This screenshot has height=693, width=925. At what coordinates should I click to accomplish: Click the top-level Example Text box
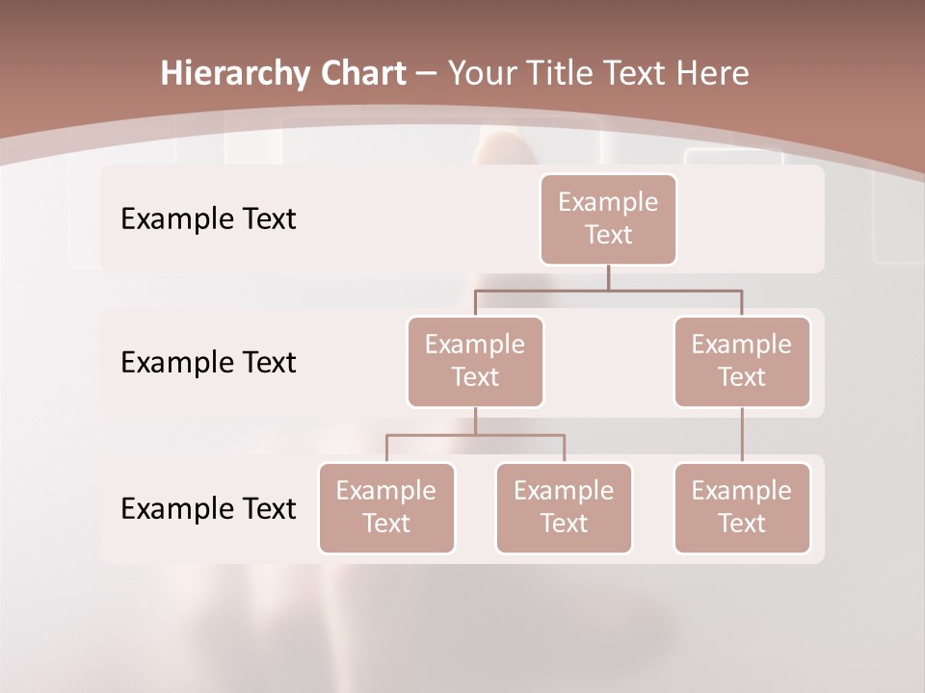(x=608, y=219)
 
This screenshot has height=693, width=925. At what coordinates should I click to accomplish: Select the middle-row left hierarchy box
(x=475, y=362)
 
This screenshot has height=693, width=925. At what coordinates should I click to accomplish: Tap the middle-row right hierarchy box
(x=742, y=362)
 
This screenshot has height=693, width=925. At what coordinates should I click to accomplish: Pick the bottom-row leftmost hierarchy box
(x=386, y=508)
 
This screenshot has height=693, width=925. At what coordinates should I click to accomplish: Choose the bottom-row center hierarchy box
(x=564, y=508)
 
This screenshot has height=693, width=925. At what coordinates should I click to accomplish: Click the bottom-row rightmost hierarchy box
(x=742, y=508)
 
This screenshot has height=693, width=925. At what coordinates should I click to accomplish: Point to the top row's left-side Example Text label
(x=208, y=219)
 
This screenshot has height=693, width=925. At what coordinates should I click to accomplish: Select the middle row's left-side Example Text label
(x=208, y=363)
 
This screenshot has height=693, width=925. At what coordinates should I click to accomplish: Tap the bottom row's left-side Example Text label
(x=208, y=509)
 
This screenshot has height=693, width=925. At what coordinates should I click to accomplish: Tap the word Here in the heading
(x=712, y=74)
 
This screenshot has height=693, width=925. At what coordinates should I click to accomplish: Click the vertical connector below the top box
(x=608, y=277)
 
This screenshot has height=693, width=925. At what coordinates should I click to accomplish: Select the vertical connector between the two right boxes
(x=742, y=435)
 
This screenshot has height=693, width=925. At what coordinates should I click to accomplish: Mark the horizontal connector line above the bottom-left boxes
(x=475, y=435)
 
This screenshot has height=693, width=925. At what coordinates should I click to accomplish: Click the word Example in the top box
(x=608, y=203)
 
